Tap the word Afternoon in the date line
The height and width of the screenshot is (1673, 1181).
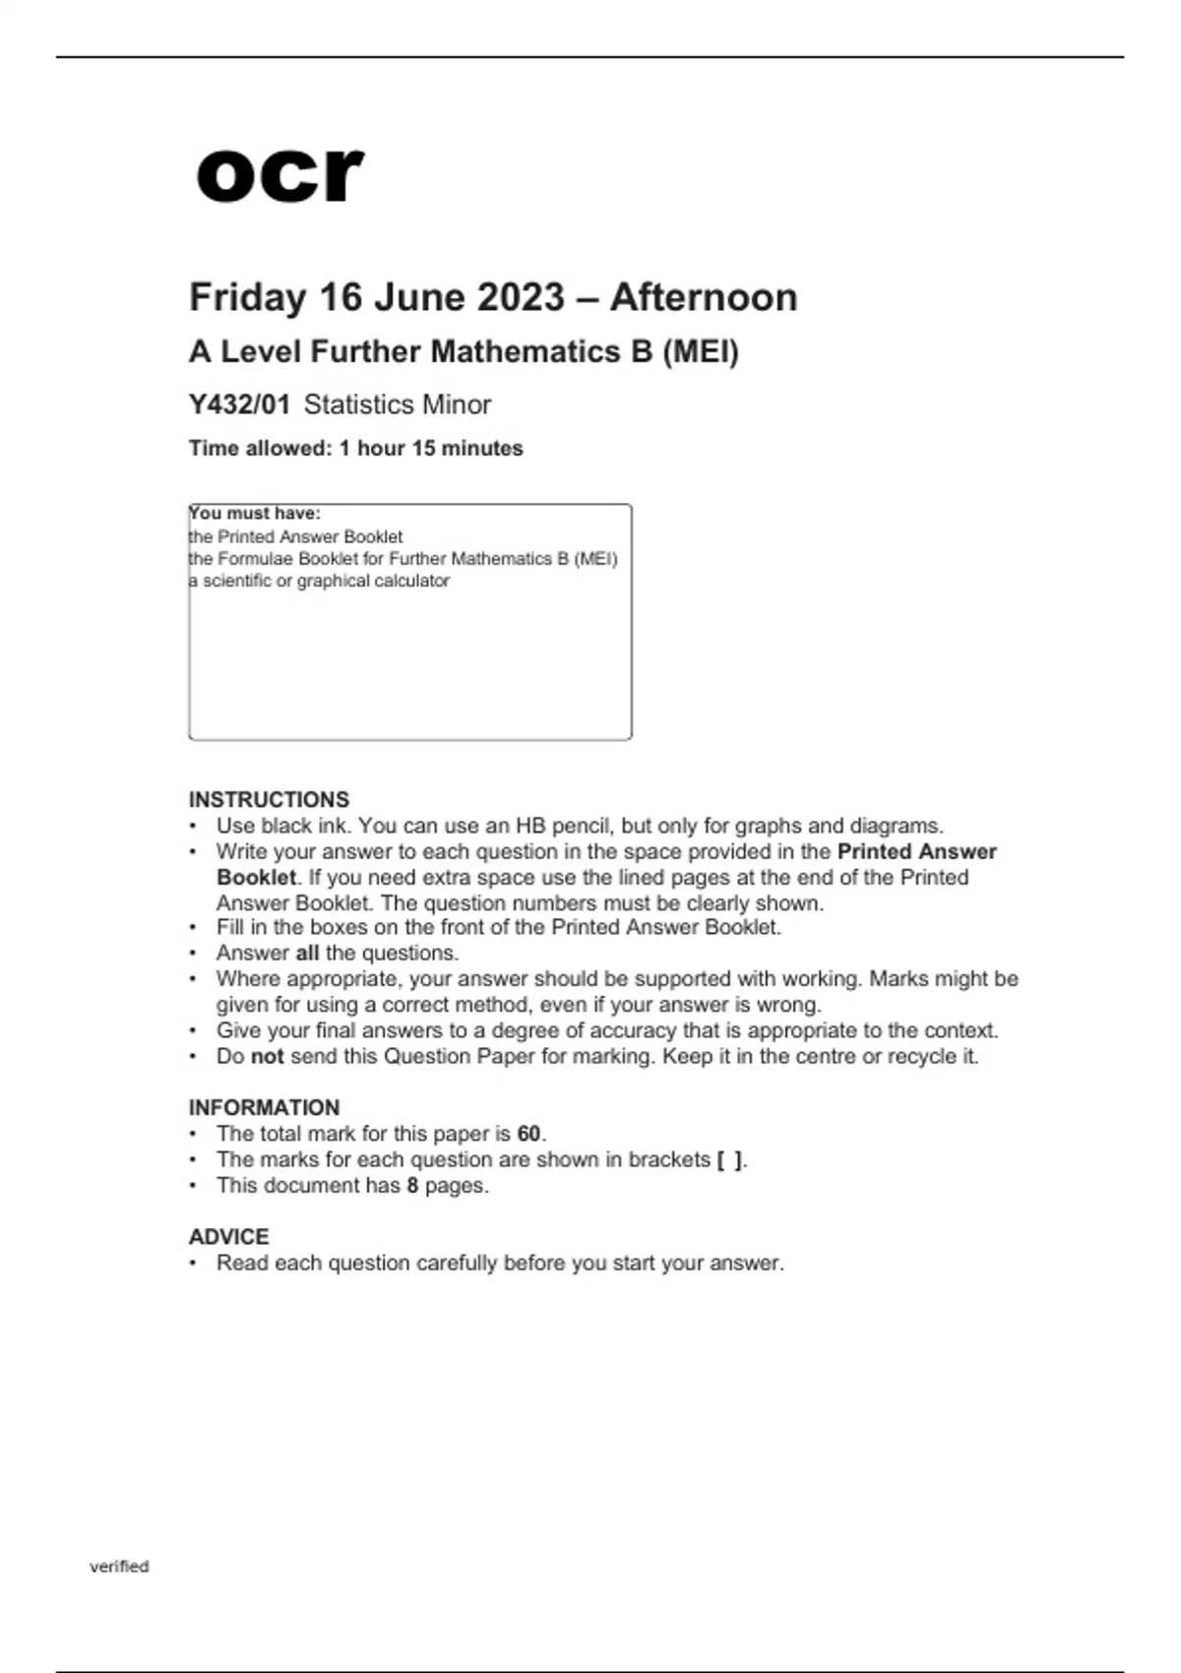(703, 297)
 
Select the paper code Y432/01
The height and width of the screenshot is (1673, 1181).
(239, 404)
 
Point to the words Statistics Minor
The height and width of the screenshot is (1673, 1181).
(398, 404)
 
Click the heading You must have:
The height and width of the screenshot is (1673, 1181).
(255, 514)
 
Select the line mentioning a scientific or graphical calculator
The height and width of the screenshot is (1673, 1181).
(320, 581)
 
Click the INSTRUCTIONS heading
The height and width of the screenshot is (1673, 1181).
(269, 799)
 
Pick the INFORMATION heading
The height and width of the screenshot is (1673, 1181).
(264, 1107)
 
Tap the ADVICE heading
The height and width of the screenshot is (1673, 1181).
(228, 1236)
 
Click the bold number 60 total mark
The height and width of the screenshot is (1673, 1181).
(528, 1134)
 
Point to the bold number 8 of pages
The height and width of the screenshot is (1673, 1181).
(412, 1185)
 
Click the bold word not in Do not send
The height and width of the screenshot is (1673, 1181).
(267, 1056)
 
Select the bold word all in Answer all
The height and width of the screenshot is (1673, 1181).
(307, 953)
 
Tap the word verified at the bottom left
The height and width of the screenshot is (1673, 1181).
(119, 1566)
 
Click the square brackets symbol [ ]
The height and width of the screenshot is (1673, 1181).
(729, 1159)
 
